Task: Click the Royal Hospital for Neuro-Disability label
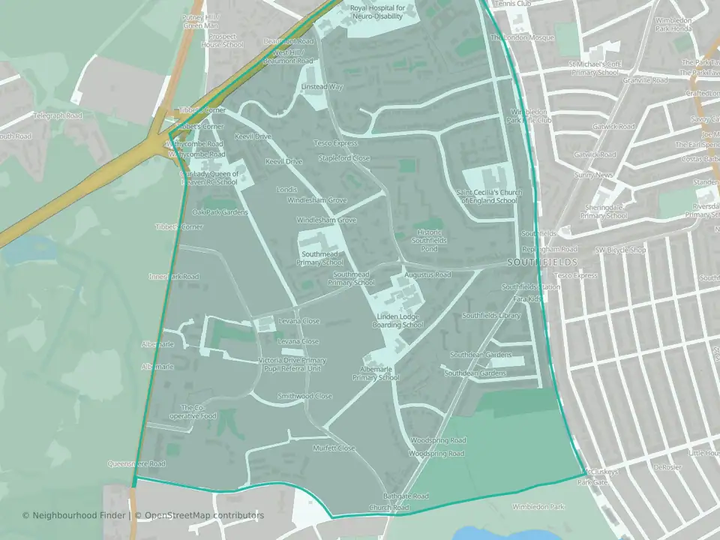378,12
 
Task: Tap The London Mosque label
523,37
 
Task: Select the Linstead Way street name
322,87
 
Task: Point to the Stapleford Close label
344,158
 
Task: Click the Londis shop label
286,190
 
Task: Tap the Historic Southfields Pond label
428,240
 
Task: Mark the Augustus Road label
427,275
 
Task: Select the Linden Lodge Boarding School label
400,320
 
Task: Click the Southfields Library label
491,316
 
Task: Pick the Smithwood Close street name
304,396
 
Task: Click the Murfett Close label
334,448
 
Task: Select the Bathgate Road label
406,496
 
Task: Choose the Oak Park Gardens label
220,212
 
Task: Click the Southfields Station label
531,287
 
